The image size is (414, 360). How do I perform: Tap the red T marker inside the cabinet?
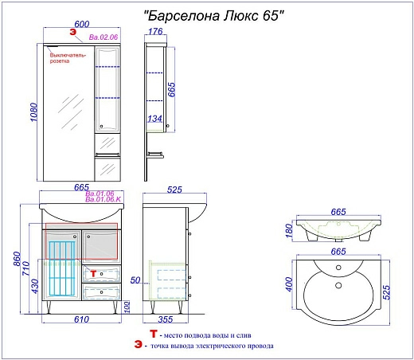point(92,272)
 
